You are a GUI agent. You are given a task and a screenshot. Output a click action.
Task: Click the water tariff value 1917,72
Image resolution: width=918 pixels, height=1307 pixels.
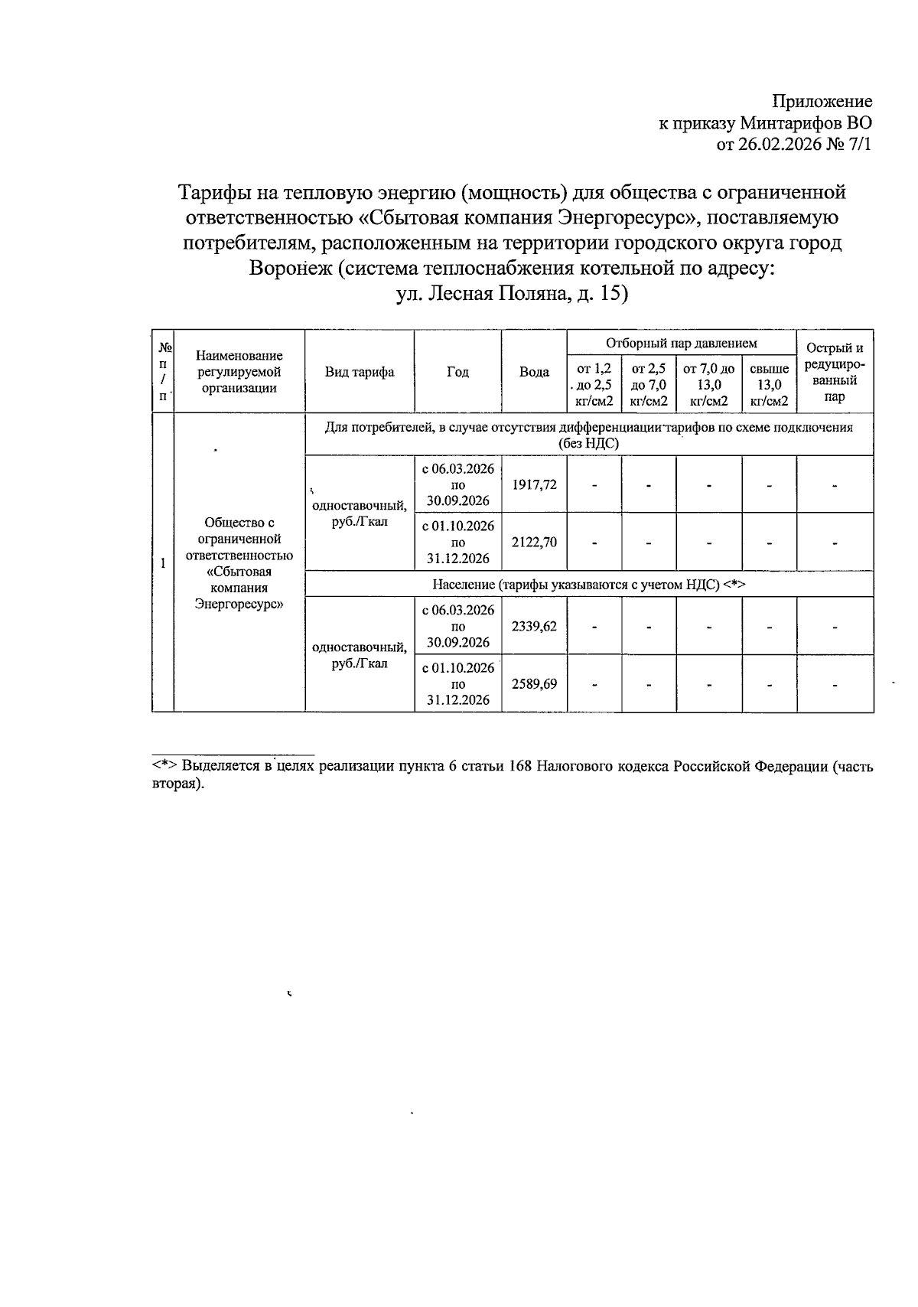(534, 484)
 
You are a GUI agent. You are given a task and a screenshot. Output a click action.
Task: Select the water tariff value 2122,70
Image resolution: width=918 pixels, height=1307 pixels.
(534, 542)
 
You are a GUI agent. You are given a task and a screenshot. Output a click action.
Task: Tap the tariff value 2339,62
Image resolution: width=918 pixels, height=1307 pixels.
(534, 626)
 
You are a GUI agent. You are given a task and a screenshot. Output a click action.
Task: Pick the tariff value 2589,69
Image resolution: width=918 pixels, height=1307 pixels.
(534, 683)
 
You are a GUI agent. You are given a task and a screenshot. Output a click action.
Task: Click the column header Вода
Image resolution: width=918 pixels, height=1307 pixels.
(534, 372)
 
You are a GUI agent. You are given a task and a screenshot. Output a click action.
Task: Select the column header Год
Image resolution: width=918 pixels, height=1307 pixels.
(457, 372)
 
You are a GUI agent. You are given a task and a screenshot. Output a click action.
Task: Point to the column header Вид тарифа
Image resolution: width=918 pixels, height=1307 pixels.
(360, 372)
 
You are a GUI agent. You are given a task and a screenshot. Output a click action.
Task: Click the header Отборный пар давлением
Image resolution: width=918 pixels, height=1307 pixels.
(681, 344)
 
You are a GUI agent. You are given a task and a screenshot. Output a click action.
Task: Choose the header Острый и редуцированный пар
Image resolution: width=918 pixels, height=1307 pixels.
(835, 372)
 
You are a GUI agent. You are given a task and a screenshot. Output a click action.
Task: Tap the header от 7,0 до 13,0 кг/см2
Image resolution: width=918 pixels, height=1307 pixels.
(708, 384)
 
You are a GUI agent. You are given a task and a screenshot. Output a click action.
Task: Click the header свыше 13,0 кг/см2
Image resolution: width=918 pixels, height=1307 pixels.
(769, 384)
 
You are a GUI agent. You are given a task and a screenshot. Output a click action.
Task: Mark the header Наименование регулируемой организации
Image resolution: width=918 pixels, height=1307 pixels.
(239, 372)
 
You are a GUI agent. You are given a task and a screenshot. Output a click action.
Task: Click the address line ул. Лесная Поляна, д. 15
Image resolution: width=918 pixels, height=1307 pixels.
(511, 294)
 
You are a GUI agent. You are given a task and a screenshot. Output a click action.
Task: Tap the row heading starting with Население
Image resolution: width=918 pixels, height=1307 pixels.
(588, 585)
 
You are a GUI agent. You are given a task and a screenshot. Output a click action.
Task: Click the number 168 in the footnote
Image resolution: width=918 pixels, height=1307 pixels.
(519, 766)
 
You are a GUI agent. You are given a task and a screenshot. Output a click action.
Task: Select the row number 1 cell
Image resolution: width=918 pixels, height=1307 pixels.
(163, 563)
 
